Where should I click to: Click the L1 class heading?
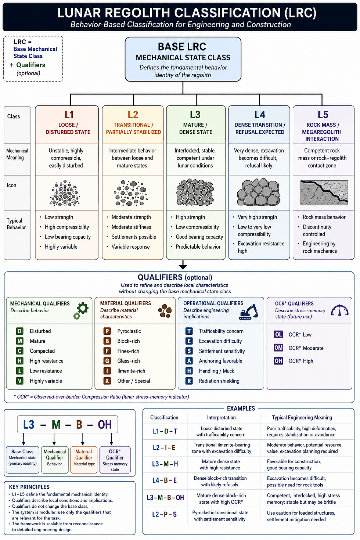coord(69,115)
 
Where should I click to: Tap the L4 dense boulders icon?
coord(259,192)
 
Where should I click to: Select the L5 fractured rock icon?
coord(324,192)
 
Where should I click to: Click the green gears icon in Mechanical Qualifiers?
coord(81,311)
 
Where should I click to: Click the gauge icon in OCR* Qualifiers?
coord(339,310)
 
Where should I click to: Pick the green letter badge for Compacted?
coord(19,351)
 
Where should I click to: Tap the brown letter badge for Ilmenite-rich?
coord(107,371)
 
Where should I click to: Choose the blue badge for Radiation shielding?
coord(189,381)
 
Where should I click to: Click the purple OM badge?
coord(278,348)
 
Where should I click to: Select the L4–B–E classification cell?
coord(165,480)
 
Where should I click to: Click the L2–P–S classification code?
coord(165,514)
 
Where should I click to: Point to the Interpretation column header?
coord(222,418)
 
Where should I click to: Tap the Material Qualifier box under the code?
coord(84,460)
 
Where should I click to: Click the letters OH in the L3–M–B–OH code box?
coord(105,425)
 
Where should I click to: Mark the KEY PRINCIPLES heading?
coord(29,487)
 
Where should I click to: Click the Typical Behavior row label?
coord(16,224)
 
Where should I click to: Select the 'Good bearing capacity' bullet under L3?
coord(199,237)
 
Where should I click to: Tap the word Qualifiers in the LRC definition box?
coord(30,65)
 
